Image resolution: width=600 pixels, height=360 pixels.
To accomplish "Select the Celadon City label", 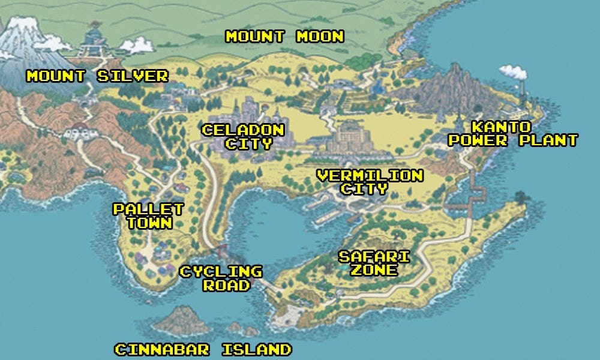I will (243, 137).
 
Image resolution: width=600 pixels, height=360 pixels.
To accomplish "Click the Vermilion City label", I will (370, 182).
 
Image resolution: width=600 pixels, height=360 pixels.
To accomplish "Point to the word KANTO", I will (501, 127).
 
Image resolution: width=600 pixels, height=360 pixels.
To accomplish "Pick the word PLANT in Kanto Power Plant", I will (546, 141).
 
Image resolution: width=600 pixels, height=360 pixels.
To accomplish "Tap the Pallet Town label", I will (148, 216).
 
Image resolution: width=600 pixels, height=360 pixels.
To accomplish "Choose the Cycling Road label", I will (221, 278).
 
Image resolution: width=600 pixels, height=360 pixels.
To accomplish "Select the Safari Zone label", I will (374, 263).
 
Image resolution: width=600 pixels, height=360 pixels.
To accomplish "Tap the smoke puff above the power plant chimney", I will (514, 73).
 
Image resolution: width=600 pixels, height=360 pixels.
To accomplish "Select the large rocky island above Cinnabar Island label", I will (182, 322).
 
